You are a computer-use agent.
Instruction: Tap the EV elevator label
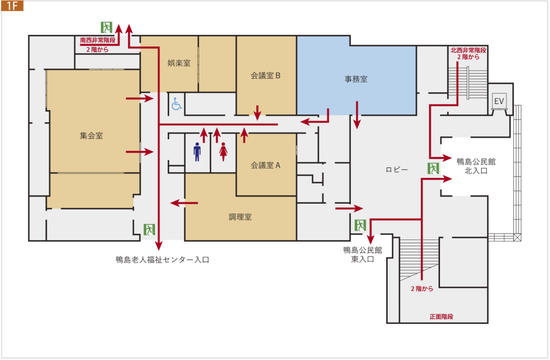coord(499,101)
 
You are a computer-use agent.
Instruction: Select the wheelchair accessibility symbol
coord(177,103)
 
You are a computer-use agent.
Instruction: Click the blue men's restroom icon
coord(197,152)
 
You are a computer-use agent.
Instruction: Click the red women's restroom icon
coord(223,152)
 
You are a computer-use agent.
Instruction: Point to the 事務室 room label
coord(356,79)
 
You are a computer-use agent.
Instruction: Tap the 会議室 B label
coord(266,76)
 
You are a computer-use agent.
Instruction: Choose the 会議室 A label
coord(266,165)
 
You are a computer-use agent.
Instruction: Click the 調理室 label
coord(240,217)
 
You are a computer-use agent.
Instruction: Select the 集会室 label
coord(91,135)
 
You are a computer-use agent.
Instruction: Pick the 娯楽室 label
coord(179,63)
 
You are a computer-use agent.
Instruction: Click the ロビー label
coord(397,170)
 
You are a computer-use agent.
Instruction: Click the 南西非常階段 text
coord(97,40)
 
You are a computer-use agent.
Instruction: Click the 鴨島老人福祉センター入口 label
coord(162,260)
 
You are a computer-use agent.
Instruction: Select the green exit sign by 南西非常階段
coord(106,27)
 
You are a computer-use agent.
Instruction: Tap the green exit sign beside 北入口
coord(433,168)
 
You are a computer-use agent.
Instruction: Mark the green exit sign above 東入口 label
coord(360,225)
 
